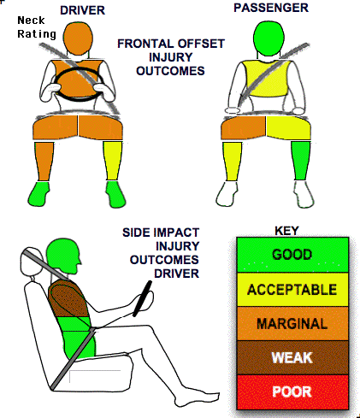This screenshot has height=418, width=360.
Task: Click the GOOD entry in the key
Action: pyautogui.click(x=292, y=255)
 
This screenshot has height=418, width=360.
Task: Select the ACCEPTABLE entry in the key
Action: pyautogui.click(x=292, y=290)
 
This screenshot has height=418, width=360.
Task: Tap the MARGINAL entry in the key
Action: pyautogui.click(x=292, y=324)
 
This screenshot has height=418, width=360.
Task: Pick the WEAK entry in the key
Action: pyautogui.click(x=292, y=357)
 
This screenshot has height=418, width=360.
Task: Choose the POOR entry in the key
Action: pyautogui.click(x=292, y=392)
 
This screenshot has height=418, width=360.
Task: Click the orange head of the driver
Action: pyautogui.click(x=78, y=39)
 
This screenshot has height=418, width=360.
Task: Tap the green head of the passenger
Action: pyautogui.click(x=269, y=39)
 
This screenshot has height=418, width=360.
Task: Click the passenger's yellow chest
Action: pyautogui.click(x=268, y=78)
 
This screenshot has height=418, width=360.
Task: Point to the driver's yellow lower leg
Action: pyautogui.click(x=113, y=161)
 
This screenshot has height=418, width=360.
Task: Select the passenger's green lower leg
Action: pyautogui.click(x=300, y=161)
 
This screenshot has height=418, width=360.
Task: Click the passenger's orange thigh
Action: pyautogui.click(x=243, y=128)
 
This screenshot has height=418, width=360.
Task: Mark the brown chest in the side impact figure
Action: pyautogui.click(x=68, y=298)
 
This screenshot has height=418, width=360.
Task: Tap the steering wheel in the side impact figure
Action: pyautogui.click(x=142, y=298)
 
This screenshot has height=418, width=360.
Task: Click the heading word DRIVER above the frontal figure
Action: pyautogui.click(x=82, y=10)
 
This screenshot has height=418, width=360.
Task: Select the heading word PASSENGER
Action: pyautogui.click(x=271, y=8)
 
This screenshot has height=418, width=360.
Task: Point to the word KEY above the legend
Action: pyautogui.click(x=286, y=231)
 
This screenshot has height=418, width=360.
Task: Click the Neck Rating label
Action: pyautogui.click(x=37, y=27)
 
